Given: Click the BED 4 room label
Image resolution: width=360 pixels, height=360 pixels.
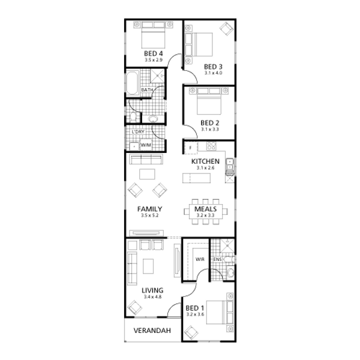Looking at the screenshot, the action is pyautogui.click(x=154, y=54).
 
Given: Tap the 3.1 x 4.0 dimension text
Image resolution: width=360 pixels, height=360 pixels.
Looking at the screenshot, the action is pyautogui.click(x=213, y=73).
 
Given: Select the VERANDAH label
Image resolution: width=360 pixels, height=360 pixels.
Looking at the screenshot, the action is pyautogui.click(x=152, y=331).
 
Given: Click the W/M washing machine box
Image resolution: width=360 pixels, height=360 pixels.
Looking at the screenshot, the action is pyautogui.click(x=146, y=145).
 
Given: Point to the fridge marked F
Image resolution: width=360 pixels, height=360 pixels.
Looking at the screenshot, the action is pyautogui.click(x=191, y=148).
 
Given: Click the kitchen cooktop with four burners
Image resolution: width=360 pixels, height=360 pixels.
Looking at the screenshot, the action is pyautogui.click(x=211, y=146).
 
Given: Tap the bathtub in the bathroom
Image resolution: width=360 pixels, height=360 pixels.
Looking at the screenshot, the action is pyautogui.click(x=133, y=83).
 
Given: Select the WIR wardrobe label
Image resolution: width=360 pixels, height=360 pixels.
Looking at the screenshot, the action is pyautogui.click(x=200, y=259).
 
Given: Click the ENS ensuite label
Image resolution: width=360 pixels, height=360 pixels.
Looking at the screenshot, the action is pyautogui.click(x=217, y=259).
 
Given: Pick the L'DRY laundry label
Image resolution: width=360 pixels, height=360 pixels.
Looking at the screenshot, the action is pyautogui.click(x=138, y=132).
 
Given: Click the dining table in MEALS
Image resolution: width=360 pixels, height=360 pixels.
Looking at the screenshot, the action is pyautogui.click(x=206, y=211).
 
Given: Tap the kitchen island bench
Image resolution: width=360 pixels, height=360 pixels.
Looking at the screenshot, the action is pyautogui.click(x=196, y=178).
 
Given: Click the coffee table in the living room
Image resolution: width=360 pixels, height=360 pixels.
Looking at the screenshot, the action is pyautogui.click(x=148, y=266).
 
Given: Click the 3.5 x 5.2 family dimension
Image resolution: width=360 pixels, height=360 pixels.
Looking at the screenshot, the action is pyautogui.click(x=149, y=215).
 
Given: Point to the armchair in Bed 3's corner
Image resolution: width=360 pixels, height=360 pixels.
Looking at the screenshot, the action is pyautogui.click(x=226, y=29).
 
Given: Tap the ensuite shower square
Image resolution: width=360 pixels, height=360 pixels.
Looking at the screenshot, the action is pyautogui.click(x=227, y=245).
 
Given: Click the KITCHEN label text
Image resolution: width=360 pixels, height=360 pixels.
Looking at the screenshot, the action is pyautogui.click(x=205, y=161).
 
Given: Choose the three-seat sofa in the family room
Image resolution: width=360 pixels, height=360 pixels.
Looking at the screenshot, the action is pyautogui.click(x=146, y=159).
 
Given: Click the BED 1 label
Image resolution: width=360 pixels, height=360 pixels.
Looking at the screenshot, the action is pyautogui.click(x=194, y=308).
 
